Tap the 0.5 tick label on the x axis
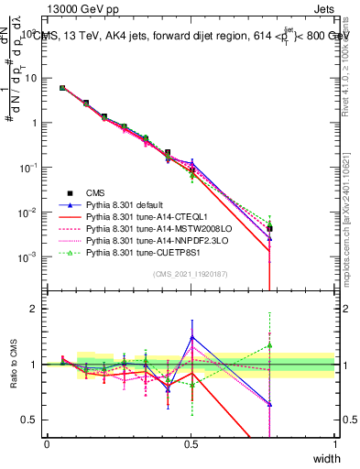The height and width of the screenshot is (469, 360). click(191, 444)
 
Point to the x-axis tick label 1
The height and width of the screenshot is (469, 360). click(335, 444)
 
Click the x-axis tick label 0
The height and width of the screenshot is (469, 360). click(47, 444)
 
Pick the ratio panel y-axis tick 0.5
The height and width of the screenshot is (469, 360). click(31, 420)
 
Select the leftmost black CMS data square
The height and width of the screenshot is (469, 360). click(61, 88)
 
